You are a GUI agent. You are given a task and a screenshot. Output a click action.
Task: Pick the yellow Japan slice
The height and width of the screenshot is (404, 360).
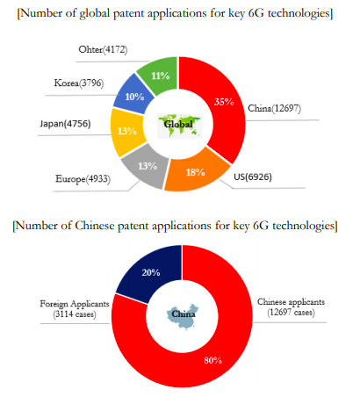[126, 132]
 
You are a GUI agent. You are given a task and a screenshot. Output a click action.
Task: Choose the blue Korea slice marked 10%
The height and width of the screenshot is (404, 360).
[134, 96]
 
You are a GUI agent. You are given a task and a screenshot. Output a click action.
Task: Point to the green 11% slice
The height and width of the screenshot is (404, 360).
[160, 76]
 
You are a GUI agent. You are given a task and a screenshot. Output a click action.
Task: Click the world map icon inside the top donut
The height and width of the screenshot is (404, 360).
[179, 122]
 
